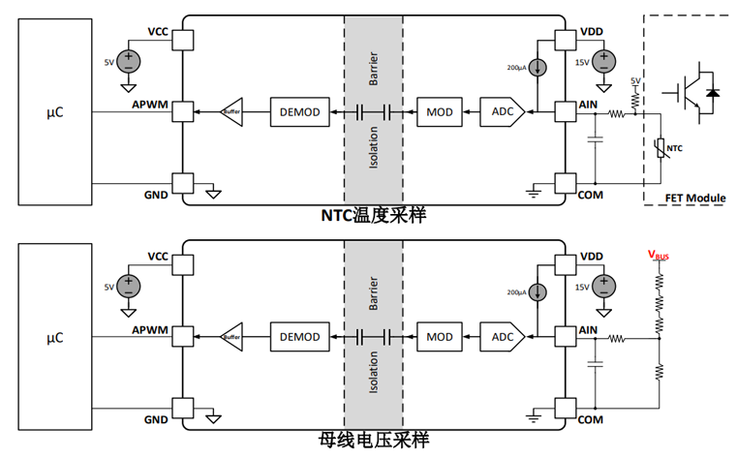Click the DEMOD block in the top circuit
tap(300, 112)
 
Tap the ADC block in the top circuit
tap(503, 112)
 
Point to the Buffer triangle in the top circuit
tap(232, 112)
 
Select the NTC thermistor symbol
tap(661, 147)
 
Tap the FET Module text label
tap(693, 198)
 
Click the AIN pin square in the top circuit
tap(565, 112)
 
